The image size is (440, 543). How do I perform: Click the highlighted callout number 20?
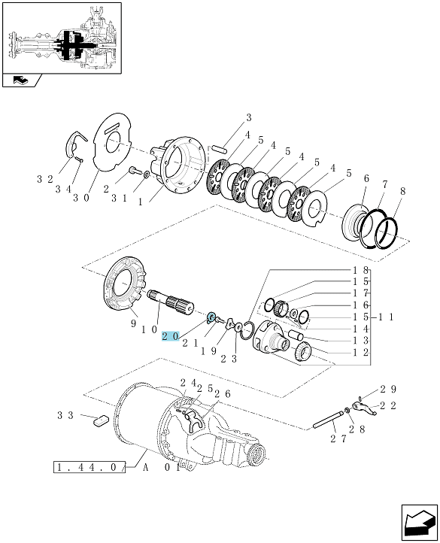click(x=171, y=336)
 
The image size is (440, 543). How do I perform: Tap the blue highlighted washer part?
click(x=211, y=317)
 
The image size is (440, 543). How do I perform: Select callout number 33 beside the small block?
click(x=65, y=415)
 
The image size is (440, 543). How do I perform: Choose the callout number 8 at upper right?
click(x=402, y=191)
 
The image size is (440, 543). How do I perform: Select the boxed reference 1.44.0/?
click(x=89, y=467)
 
